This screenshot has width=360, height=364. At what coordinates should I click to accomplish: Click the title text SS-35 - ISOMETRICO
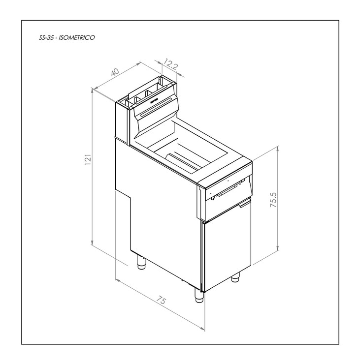67,37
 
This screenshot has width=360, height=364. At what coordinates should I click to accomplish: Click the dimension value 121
88,159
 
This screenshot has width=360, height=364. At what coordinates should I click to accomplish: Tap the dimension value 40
115,72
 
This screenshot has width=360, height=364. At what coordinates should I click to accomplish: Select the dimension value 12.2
171,64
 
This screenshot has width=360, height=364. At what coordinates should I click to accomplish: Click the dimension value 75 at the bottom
161,300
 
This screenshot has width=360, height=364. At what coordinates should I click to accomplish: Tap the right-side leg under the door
235,277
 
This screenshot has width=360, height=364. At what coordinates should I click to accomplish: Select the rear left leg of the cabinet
141,262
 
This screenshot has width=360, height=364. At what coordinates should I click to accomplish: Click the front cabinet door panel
227,244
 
